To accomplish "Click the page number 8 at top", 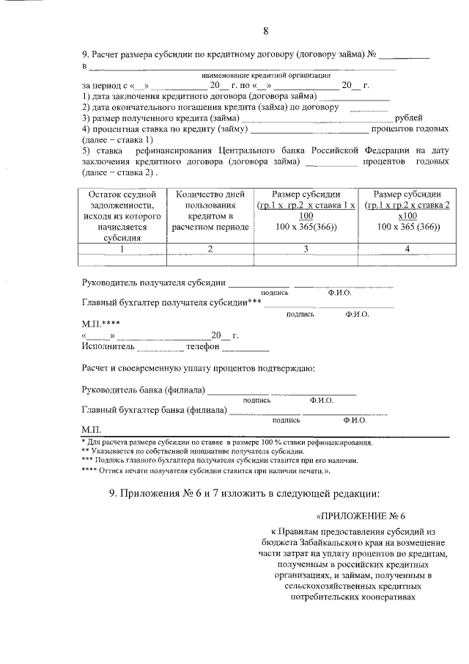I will (x=266, y=31).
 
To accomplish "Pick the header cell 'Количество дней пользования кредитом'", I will (x=210, y=211).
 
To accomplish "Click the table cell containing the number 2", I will (x=210, y=249).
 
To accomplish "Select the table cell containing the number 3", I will (x=306, y=249).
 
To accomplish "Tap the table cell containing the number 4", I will (x=407, y=249).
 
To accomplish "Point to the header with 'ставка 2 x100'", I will (x=407, y=211).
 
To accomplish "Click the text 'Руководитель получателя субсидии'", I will (x=153, y=282).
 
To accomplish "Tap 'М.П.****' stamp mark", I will (x=101, y=324).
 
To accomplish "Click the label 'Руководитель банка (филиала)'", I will (x=144, y=390).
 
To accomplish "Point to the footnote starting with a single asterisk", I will (x=226, y=442).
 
